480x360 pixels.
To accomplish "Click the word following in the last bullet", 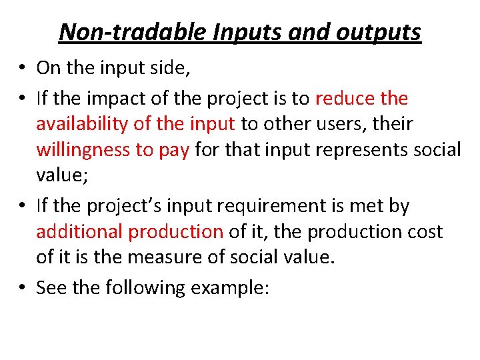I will coord(143,288).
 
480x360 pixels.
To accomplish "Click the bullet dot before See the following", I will coord(23,288).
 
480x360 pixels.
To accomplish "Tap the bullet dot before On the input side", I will coord(23,67).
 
